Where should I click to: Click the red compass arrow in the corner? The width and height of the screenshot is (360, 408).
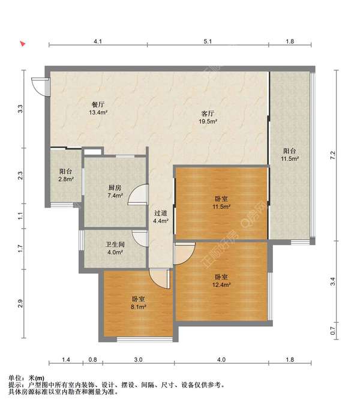[23, 44]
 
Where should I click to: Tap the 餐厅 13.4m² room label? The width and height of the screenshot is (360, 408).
[98, 109]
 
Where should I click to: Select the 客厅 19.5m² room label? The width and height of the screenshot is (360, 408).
[208, 118]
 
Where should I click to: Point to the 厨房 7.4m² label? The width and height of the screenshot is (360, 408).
[115, 191]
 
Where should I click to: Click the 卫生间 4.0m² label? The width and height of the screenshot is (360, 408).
[115, 248]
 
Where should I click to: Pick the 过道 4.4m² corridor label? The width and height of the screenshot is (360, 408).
[161, 217]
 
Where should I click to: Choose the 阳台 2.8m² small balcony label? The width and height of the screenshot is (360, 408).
[66, 175]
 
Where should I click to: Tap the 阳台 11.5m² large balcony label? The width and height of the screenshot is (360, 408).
[290, 155]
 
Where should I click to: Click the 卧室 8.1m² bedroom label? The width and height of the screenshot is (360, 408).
[138, 303]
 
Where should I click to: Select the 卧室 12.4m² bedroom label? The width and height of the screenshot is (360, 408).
[221, 281]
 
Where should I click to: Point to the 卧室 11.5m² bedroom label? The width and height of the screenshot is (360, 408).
[221, 203]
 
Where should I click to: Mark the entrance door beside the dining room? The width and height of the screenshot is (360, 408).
[39, 87]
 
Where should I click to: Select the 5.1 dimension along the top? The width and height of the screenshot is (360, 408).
[208, 41]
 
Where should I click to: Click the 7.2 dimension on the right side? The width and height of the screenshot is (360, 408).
[332, 155]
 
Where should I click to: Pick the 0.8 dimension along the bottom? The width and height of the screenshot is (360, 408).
[92, 359]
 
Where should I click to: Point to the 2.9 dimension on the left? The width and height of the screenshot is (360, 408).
[20, 304]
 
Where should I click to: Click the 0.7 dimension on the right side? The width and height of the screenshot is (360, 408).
[332, 331]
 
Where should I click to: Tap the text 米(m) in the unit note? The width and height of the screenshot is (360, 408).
[36, 378]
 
